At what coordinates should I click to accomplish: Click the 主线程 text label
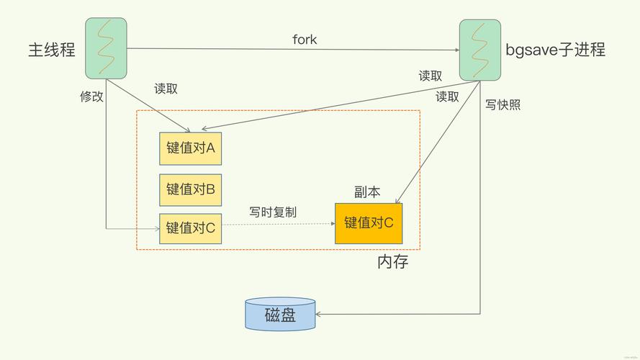point(52,50)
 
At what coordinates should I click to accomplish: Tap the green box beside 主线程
point(106,49)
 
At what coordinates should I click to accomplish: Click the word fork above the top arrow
point(305,39)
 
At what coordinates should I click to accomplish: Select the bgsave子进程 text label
point(555,50)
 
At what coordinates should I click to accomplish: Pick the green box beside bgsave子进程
point(480,49)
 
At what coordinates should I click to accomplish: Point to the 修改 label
point(91,96)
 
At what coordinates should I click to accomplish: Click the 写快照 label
point(502,104)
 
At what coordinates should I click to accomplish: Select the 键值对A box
point(191,148)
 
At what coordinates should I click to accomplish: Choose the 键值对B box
point(191,189)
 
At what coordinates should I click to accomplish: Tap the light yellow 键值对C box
point(191,228)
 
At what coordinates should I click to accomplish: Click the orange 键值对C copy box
point(369,222)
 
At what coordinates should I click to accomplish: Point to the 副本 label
point(367,192)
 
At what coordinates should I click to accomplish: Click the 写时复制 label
point(273,212)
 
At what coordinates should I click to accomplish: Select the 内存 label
point(393,262)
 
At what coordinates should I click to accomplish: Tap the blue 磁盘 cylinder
point(280,315)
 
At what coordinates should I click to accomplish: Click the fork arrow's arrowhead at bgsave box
point(456,50)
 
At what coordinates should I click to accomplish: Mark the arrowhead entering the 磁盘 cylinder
point(320,314)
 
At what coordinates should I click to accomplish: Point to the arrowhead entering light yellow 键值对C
point(156,229)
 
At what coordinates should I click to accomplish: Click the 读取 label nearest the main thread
point(166,89)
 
